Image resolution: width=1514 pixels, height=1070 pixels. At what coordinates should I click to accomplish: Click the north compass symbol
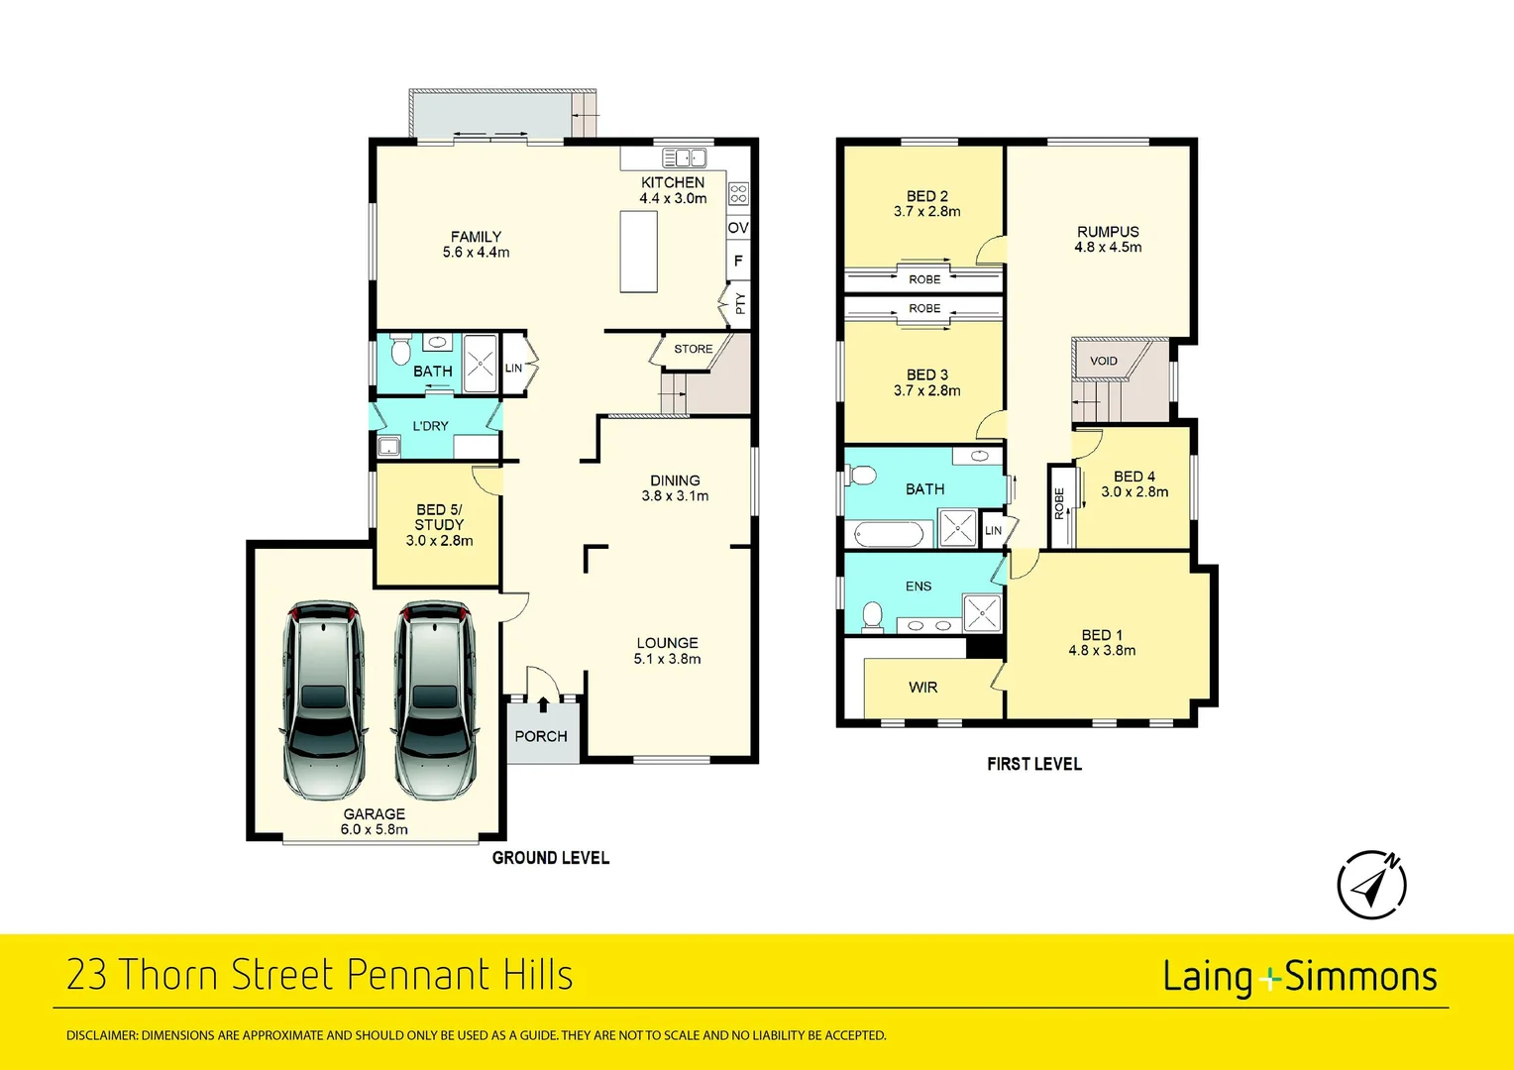[x=1372, y=884]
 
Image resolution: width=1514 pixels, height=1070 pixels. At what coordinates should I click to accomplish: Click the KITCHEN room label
[x=673, y=182]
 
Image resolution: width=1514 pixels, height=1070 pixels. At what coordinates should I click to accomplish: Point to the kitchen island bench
[x=639, y=252]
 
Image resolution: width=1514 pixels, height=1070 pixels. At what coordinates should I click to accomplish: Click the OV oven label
[x=738, y=228]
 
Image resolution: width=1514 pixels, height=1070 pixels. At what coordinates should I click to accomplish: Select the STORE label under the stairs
[x=693, y=349]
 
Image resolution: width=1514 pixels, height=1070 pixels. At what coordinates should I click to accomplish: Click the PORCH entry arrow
[x=543, y=705]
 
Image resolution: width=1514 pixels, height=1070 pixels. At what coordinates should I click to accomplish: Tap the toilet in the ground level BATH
[x=400, y=351]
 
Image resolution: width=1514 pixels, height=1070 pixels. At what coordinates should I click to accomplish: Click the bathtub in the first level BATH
[x=888, y=535]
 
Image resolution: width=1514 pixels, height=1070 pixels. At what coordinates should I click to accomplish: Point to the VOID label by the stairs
[x=1103, y=361]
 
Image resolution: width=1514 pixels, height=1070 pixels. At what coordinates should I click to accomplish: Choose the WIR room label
[x=922, y=688]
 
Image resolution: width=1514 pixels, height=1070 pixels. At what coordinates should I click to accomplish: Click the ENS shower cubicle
[x=982, y=612]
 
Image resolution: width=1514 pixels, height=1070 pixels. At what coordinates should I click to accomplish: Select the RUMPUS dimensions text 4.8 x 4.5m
[x=1108, y=248]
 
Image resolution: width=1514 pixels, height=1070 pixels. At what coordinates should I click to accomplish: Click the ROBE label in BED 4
[x=1059, y=503]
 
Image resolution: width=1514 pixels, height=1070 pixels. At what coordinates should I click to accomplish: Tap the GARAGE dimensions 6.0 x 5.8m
[x=375, y=830]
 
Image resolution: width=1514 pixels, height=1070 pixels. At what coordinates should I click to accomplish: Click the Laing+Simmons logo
[x=1300, y=977]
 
